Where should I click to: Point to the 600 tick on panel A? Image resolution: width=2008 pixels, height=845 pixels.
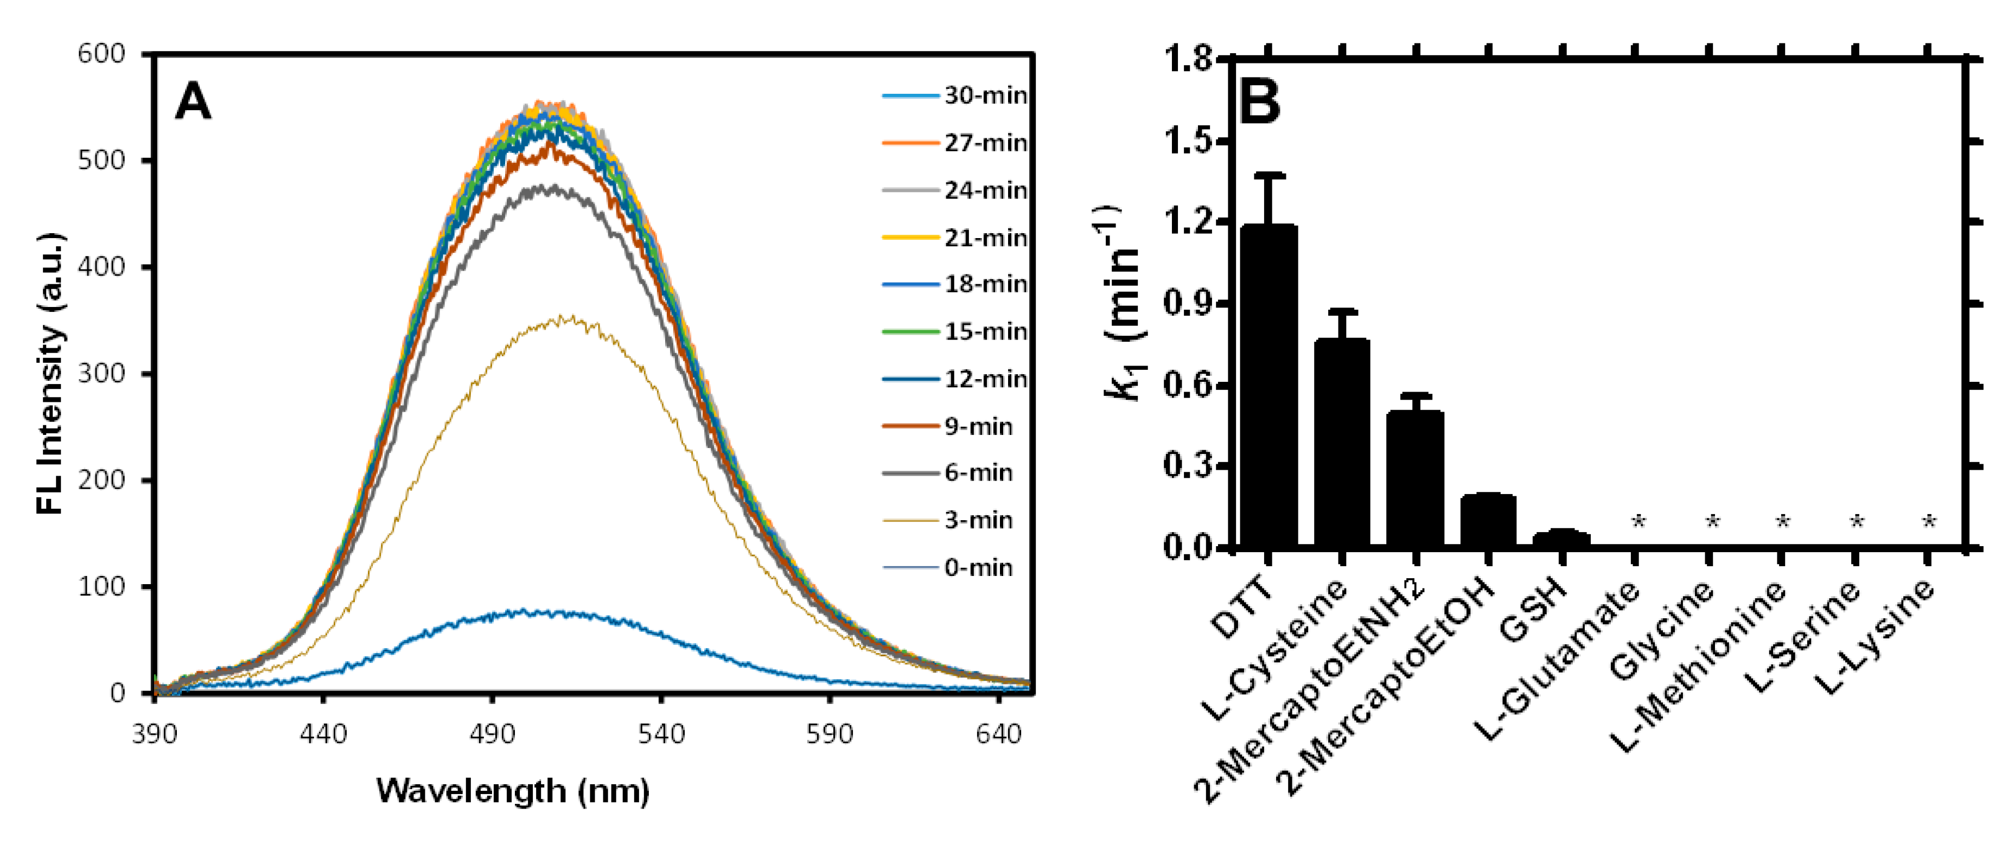(x=101, y=54)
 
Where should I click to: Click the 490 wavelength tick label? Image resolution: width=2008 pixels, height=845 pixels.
(x=492, y=734)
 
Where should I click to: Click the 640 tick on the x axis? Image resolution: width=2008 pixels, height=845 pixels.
(x=998, y=734)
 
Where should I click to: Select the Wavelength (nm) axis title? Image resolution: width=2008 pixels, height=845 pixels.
(x=513, y=791)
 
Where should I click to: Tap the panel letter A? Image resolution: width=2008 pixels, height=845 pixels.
(x=193, y=102)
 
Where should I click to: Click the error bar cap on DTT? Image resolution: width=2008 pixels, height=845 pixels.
(x=1270, y=175)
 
